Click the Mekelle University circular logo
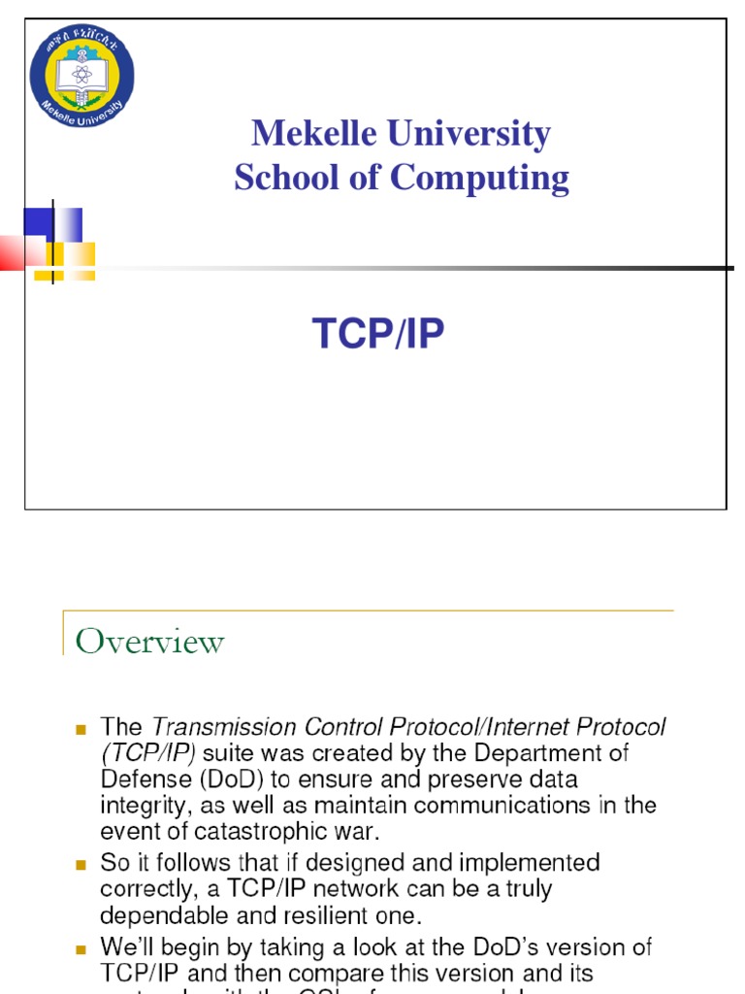coord(81,71)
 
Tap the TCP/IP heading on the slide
coord(378,334)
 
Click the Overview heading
coord(149,642)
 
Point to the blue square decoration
coord(39,222)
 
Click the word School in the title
coord(278,178)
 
